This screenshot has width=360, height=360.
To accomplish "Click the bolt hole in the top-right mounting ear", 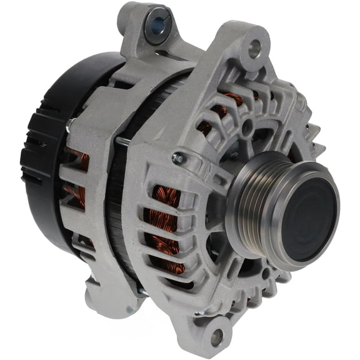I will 253,46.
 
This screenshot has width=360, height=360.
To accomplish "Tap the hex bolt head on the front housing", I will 178,159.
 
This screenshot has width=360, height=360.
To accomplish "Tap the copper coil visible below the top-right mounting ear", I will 234,100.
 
